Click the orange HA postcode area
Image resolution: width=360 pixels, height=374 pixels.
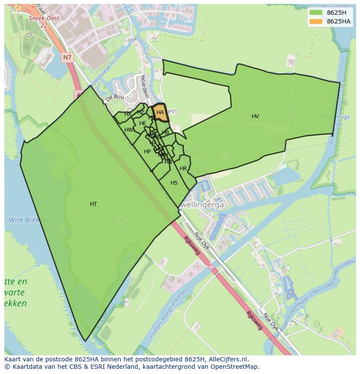pyautogui.click(x=160, y=113)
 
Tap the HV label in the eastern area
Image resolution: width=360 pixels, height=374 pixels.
pyautogui.click(x=255, y=116)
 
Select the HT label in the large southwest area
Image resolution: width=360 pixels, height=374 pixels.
pyautogui.click(x=93, y=204)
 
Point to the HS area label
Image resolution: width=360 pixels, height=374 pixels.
pyautogui.click(x=174, y=183)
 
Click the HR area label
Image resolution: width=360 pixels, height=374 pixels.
pyautogui.click(x=183, y=169)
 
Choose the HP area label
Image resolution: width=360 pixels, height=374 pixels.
pyautogui.click(x=147, y=152)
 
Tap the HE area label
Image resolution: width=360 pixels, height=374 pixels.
pyautogui.click(x=143, y=123)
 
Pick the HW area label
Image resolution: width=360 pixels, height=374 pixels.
pyautogui.click(x=129, y=130)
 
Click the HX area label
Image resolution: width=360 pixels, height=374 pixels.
pyautogui.click(x=128, y=114)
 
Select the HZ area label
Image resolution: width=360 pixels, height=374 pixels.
pyautogui.click(x=140, y=113)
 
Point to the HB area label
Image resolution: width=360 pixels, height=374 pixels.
pyautogui.click(x=165, y=132)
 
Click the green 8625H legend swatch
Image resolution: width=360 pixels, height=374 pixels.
pyautogui.click(x=316, y=13)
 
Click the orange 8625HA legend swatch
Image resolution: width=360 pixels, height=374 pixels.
pyautogui.click(x=316, y=21)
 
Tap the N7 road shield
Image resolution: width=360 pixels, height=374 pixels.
pyautogui.click(x=67, y=57)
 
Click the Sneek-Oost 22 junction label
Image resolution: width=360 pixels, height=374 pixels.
pyautogui.click(x=44, y=22)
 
